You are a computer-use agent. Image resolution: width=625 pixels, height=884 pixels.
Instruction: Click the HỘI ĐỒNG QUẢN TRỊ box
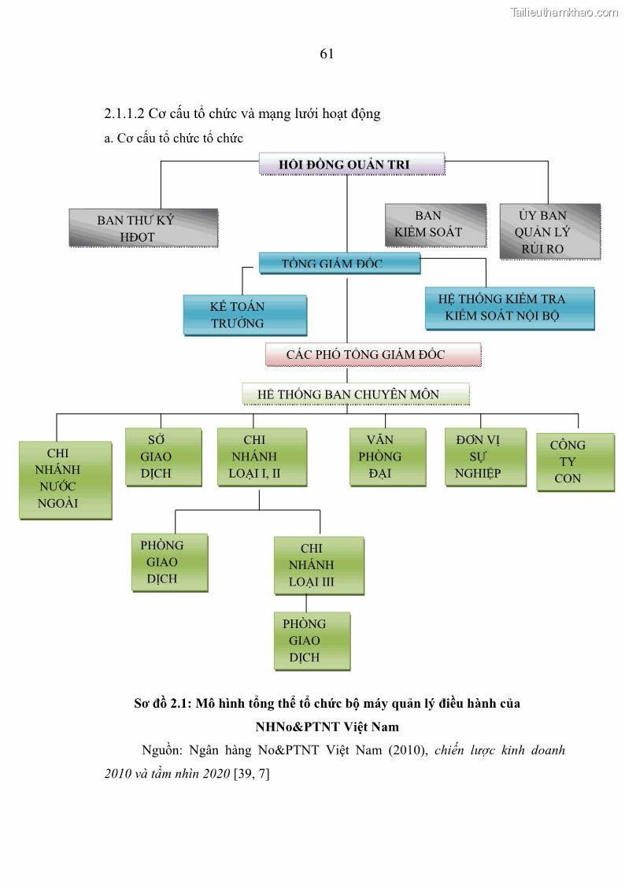point(352,164)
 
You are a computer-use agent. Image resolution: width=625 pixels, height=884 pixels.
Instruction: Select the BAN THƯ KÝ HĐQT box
point(142,228)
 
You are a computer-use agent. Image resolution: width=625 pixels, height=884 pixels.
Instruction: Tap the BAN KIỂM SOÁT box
point(435,224)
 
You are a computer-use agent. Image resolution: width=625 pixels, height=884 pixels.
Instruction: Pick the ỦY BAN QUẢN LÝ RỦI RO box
point(549,231)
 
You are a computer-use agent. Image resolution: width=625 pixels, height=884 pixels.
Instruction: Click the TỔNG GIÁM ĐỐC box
point(339,263)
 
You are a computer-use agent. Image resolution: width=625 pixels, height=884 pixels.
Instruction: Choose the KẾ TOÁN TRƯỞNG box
point(244,315)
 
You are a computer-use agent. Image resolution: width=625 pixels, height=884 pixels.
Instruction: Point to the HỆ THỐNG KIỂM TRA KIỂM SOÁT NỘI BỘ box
point(509,308)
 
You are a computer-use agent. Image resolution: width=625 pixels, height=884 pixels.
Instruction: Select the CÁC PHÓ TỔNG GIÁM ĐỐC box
point(372,355)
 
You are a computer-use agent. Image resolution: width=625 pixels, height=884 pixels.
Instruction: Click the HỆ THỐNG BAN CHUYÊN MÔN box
point(355,394)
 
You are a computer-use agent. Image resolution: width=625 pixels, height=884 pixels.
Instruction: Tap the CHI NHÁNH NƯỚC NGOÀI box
point(65,479)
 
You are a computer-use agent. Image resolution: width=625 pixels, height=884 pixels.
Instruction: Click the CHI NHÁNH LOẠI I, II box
point(261,457)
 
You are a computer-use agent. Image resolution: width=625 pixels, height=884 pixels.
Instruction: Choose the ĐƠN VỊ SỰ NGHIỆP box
point(484,457)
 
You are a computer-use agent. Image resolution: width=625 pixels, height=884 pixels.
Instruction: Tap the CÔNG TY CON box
point(575,462)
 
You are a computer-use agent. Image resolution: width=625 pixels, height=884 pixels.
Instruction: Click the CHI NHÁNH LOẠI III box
point(319,565)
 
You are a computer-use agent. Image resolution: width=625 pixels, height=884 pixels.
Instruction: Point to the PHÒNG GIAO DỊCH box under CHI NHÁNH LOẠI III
point(312,641)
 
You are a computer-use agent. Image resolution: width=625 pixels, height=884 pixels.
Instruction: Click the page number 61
point(327,54)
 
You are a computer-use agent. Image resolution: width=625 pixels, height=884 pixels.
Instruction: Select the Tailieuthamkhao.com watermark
point(564,12)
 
